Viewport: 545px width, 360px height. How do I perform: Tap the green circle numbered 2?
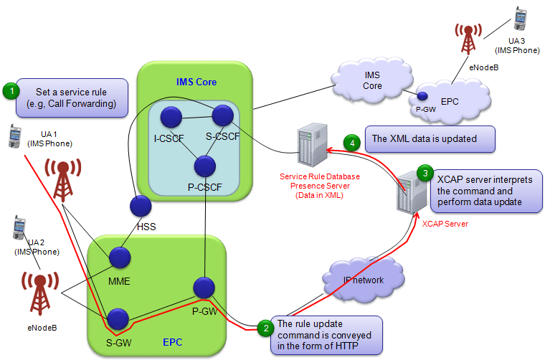click(265, 328)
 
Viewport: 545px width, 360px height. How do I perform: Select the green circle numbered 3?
click(425, 174)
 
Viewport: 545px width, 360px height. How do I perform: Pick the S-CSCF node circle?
click(222, 114)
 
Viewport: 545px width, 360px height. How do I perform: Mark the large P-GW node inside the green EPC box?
click(204, 287)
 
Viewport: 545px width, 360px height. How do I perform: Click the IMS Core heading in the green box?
click(196, 81)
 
